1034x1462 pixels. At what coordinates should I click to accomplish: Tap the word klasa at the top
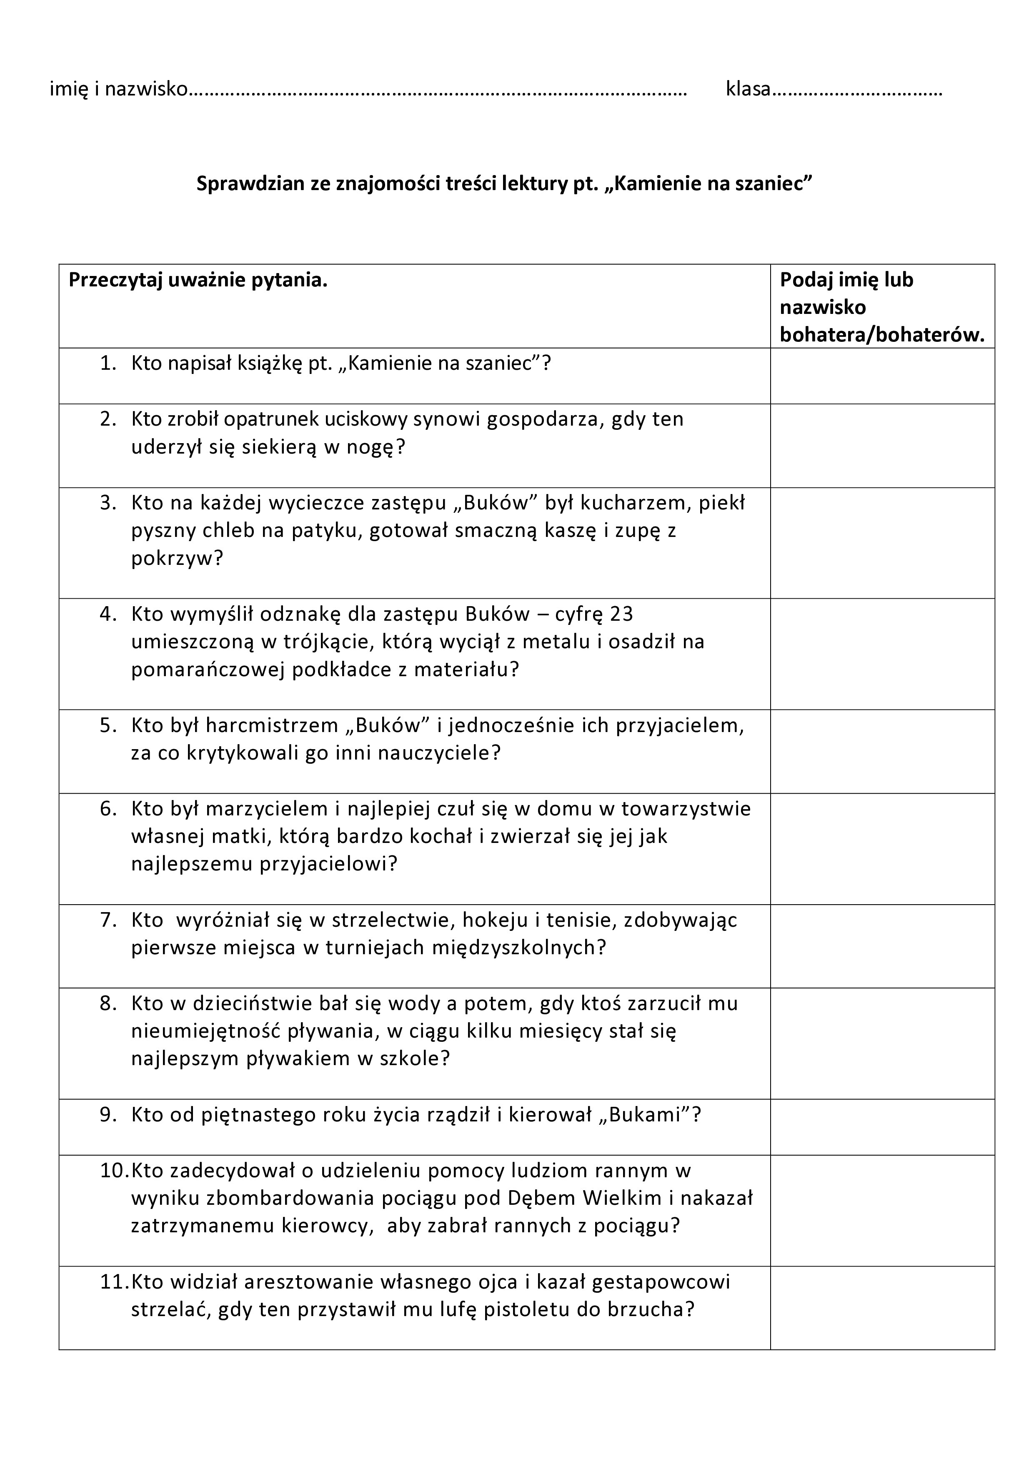748,89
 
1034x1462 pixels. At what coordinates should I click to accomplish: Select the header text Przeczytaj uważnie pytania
198,280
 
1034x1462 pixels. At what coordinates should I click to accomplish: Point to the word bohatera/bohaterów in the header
882,335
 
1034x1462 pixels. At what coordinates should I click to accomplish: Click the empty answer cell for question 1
882,376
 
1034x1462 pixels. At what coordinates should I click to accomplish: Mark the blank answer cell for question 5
882,751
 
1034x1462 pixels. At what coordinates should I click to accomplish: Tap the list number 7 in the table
108,920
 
